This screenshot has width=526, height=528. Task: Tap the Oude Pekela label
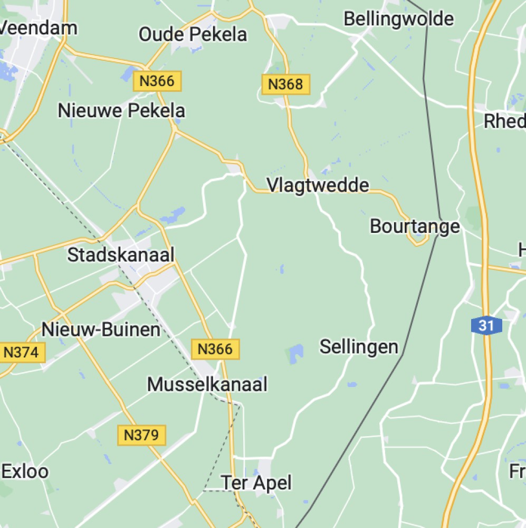pos(193,35)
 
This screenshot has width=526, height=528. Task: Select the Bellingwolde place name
pos(398,19)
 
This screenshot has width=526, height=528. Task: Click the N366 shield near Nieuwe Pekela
pos(157,81)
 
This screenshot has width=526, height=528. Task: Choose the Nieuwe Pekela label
pos(121,111)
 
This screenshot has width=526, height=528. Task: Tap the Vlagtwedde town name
pos(318,185)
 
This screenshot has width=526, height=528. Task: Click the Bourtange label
pos(415,227)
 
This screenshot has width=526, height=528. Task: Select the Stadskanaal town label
pos(121,255)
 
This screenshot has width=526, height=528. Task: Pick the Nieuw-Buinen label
pos(101,330)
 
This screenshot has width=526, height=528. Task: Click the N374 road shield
pos(21,352)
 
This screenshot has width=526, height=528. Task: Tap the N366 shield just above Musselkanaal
pos(215,349)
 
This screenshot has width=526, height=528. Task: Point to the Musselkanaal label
pos(207,384)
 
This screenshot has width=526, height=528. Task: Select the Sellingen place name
pos(359,347)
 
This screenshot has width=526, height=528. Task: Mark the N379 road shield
pos(141,435)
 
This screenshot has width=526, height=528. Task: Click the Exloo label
pos(25,472)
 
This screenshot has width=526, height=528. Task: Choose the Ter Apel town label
pos(256,483)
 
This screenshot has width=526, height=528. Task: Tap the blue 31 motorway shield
pos(486,326)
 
